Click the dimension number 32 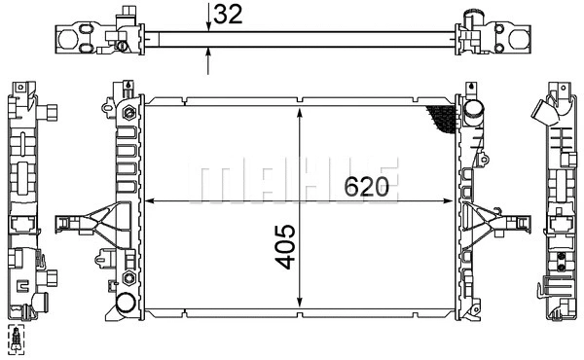(228, 15)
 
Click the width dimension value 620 (367, 187)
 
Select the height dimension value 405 (285, 246)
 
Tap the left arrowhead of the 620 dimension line (149, 201)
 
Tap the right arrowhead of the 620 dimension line (446, 201)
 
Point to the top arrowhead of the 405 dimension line (300, 113)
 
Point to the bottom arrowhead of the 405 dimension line (300, 303)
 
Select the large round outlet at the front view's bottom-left (126, 303)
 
